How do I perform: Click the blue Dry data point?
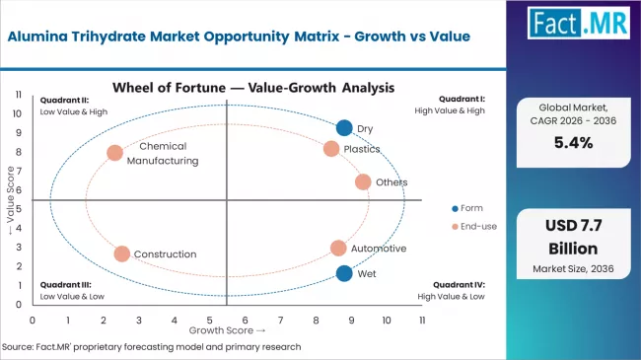pyautogui.click(x=343, y=127)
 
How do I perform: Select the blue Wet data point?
pyautogui.click(x=343, y=273)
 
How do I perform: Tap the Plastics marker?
pyautogui.click(x=331, y=149)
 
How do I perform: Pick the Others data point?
pyautogui.click(x=363, y=181)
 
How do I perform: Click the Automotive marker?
pyautogui.click(x=338, y=249)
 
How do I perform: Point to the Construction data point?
pyautogui.click(x=121, y=253)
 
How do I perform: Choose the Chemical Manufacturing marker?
pyautogui.click(x=114, y=153)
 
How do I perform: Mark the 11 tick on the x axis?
pyautogui.click(x=421, y=321)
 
